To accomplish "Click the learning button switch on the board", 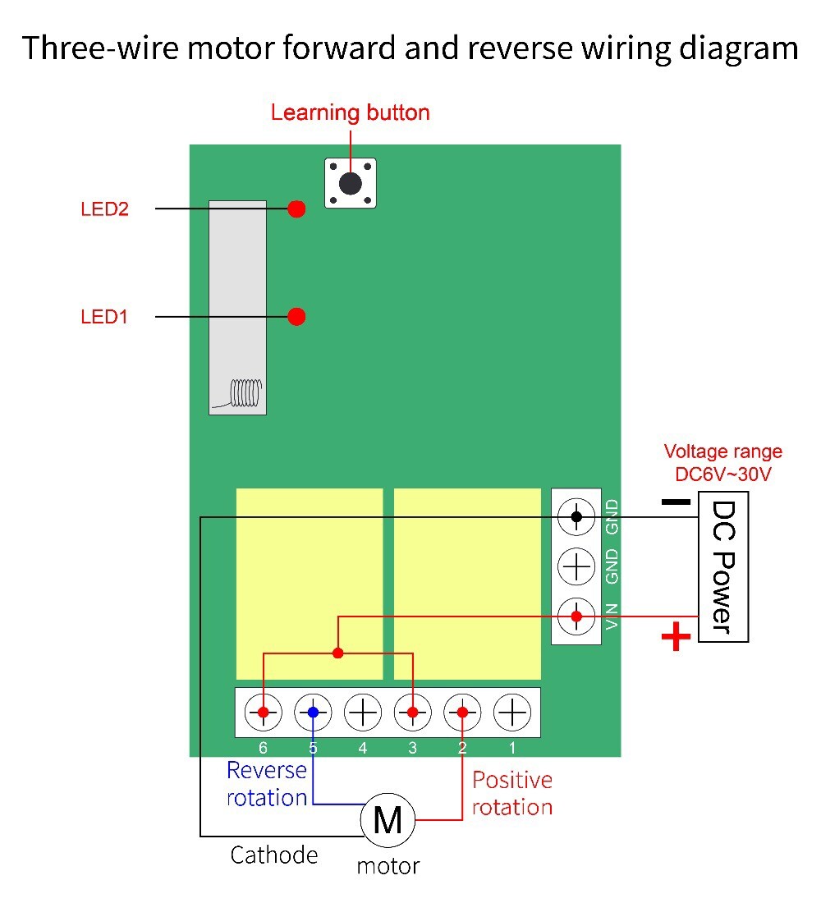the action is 351,183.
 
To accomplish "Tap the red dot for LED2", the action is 296,209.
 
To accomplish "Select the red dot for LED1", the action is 296,316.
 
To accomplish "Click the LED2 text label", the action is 104,209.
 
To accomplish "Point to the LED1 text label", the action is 103,316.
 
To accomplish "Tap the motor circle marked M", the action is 388,819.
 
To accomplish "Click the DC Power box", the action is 723,566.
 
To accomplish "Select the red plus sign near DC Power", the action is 676,636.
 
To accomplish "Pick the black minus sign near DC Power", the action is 676,502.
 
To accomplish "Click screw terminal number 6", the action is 264,713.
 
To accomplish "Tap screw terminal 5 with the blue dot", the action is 313,713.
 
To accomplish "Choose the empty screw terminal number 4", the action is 362,713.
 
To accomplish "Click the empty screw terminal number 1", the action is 512,713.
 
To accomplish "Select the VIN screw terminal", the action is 576,617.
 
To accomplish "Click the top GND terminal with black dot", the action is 576,516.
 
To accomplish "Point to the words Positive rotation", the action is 512,794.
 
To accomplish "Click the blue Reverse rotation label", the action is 267,784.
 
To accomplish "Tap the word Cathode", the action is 273,855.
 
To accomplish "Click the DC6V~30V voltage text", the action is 723,474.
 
